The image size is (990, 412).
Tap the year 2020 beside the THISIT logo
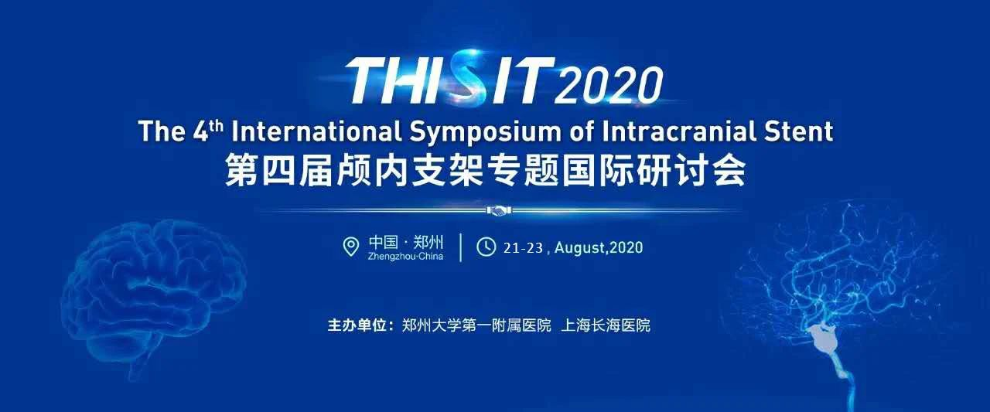coord(609,85)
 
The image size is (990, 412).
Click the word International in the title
coord(316,131)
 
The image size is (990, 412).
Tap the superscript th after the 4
coord(217,122)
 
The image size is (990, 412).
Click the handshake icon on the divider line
coord(499,210)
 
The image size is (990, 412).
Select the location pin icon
coord(351,247)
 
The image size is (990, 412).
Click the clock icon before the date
coord(486,247)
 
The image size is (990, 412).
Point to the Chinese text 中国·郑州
coord(406,243)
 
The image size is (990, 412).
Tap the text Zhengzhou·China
coord(405,257)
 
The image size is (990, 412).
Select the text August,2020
coord(599,247)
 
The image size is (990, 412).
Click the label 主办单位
coord(357,325)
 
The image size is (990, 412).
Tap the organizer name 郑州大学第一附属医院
coord(476,325)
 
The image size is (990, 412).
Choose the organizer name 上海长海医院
coord(606,325)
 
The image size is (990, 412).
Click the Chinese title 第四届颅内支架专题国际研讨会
coord(485,170)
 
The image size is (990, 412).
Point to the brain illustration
coord(152,296)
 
